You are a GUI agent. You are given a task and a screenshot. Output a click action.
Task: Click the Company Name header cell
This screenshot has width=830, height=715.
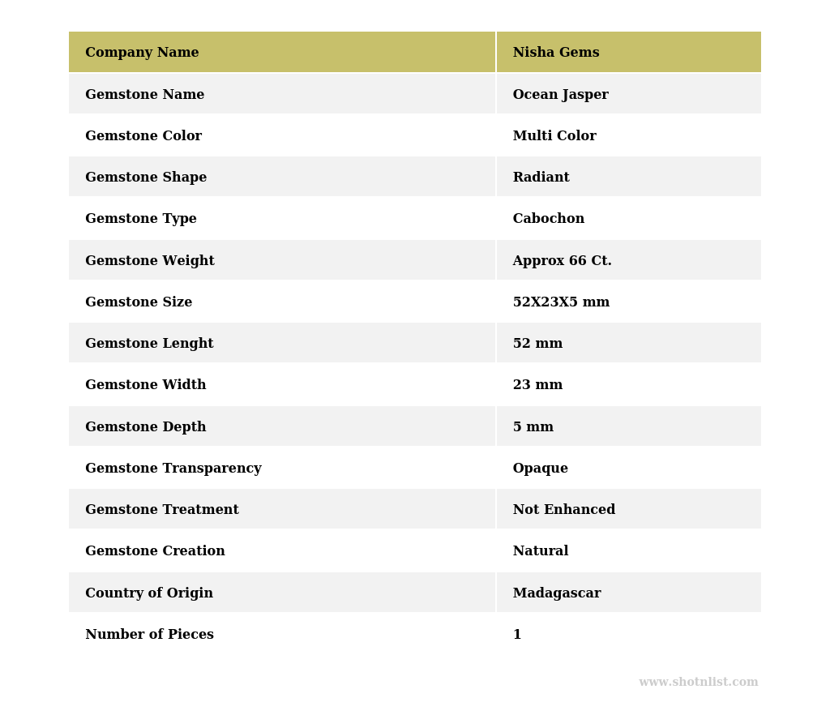(142, 53)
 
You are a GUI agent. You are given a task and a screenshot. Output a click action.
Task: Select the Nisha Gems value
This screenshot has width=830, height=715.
(556, 53)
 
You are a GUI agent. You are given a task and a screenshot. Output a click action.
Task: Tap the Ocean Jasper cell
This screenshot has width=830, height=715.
(560, 95)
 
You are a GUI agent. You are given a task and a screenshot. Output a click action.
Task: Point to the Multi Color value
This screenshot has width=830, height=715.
(554, 136)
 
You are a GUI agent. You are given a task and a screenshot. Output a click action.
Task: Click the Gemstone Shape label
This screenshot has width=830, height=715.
(146, 178)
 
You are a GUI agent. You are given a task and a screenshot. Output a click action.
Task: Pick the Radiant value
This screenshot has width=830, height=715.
(541, 178)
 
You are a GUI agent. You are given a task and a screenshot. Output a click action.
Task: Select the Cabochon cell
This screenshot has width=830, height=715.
(548, 219)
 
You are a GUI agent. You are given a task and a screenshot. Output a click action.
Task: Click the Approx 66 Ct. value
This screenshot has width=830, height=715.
(562, 261)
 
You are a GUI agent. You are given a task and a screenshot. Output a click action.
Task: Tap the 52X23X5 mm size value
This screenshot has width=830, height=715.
(561, 302)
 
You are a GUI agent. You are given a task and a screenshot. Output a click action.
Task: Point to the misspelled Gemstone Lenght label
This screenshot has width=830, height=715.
(149, 344)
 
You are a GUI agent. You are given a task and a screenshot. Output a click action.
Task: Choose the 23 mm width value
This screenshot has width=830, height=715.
(537, 385)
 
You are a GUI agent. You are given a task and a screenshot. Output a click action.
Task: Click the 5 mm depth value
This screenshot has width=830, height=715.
(533, 427)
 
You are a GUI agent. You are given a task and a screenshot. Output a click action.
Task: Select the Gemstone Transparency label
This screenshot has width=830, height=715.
(173, 469)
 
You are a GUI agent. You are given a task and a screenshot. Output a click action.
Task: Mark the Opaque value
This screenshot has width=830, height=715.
(540, 469)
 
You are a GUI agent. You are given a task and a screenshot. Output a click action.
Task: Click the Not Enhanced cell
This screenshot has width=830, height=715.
(563, 510)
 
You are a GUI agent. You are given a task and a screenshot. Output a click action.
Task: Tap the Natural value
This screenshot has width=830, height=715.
(540, 551)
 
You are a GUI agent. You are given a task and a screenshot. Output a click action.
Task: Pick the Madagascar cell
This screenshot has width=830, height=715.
(557, 593)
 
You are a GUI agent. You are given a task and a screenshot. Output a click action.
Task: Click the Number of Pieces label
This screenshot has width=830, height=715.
(149, 635)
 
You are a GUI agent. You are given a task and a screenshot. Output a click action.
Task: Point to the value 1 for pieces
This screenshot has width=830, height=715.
(517, 635)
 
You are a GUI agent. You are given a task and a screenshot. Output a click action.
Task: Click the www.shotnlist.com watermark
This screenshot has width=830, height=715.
(698, 683)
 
